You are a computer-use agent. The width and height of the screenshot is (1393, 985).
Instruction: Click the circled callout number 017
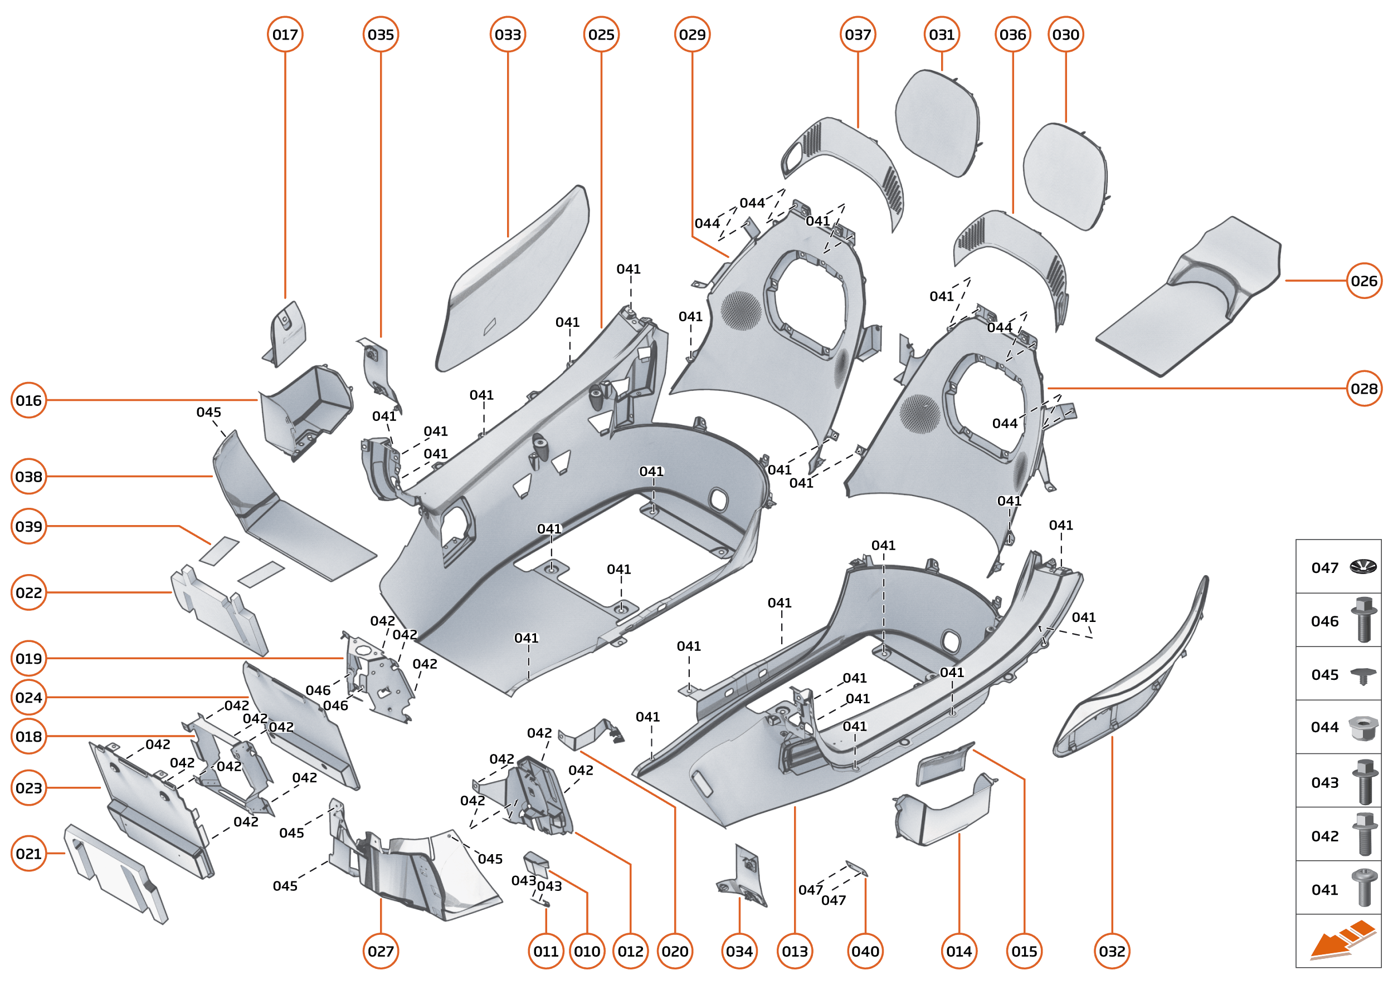(x=285, y=35)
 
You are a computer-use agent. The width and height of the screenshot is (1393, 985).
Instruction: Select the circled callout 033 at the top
(x=508, y=35)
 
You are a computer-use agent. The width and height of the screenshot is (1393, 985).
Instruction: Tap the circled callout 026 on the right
(x=1364, y=281)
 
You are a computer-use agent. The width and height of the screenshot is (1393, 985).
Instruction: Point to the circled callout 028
(x=1364, y=388)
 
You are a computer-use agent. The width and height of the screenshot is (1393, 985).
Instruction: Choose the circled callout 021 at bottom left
(x=28, y=854)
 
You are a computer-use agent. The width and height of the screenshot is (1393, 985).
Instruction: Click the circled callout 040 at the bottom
(x=865, y=951)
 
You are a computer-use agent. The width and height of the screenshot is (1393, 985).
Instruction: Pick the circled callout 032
(x=1112, y=951)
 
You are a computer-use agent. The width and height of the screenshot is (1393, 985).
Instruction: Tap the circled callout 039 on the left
(x=28, y=527)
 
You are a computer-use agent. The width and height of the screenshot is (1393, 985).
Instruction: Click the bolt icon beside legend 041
(x=1363, y=888)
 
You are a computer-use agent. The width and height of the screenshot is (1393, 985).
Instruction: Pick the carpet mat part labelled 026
(x=1190, y=297)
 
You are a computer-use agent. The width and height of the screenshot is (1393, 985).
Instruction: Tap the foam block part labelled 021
(x=115, y=874)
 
